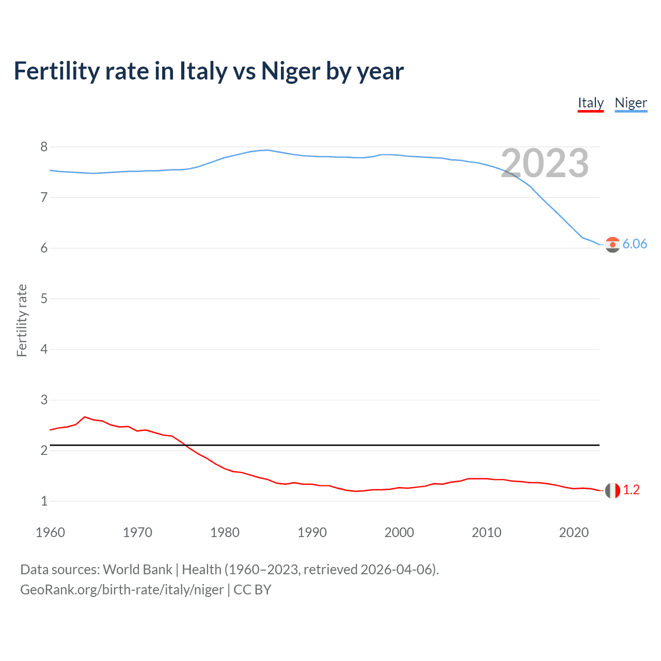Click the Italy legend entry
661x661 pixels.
point(590,103)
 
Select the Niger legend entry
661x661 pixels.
point(631,103)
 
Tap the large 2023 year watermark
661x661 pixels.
point(544,164)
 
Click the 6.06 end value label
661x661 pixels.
point(635,244)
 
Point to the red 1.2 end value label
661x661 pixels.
point(631,490)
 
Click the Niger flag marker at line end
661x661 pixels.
point(612,245)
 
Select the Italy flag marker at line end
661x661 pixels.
point(612,491)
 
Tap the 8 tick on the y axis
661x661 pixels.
point(44,147)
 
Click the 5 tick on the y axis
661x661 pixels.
point(44,298)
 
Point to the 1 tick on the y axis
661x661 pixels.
point(44,501)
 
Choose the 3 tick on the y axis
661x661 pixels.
point(44,400)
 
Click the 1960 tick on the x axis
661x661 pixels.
point(50,532)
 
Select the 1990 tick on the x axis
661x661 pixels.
point(312,532)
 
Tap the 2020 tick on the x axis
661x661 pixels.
point(574,532)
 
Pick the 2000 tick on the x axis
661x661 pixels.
point(399,532)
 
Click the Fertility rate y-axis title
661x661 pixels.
point(22,320)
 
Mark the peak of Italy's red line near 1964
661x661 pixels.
point(85,417)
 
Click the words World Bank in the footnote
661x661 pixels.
point(137,570)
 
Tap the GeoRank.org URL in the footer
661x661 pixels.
point(122,590)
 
